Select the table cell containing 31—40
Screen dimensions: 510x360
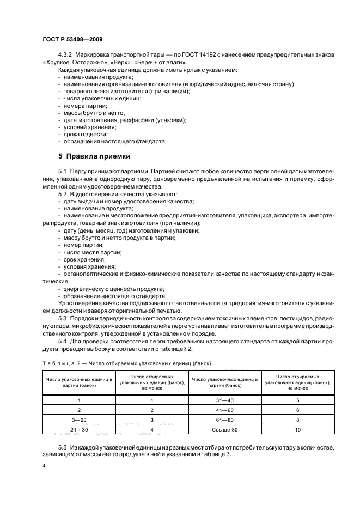pos(225,399)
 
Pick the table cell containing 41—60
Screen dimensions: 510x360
pos(225,409)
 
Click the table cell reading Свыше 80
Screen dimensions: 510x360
pos(225,429)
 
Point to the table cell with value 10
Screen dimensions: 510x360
pos(298,429)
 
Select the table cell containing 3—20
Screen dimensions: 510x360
pos(79,419)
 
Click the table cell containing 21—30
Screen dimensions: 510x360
pos(79,429)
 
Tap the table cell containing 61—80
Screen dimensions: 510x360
pos(225,419)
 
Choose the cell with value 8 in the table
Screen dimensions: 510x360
pos(298,419)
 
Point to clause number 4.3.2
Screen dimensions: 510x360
pos(65,56)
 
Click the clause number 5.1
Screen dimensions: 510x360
pos(62,171)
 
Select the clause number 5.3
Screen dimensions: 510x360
pos(62,318)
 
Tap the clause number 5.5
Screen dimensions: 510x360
pos(62,446)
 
